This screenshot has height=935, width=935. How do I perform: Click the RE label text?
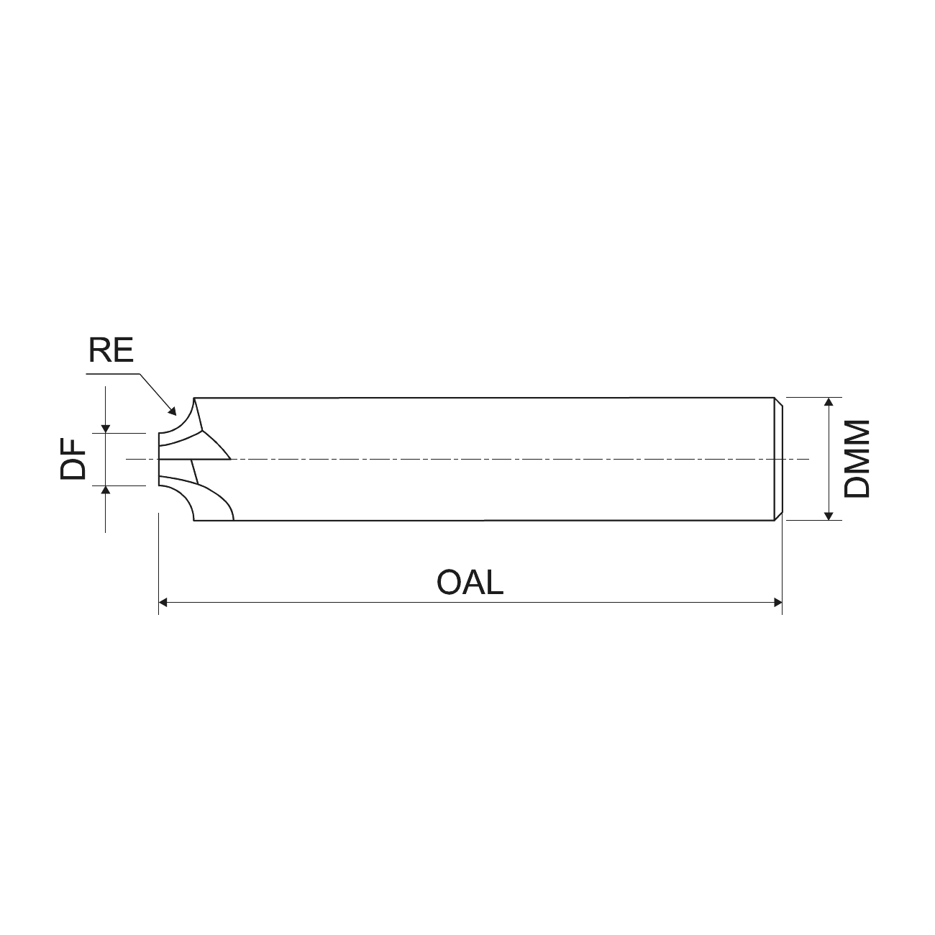(x=111, y=350)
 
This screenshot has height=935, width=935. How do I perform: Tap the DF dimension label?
(x=73, y=459)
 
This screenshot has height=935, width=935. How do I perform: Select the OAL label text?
(x=470, y=583)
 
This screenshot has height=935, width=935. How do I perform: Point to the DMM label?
(x=857, y=459)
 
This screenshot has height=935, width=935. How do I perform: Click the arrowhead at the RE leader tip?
(x=173, y=412)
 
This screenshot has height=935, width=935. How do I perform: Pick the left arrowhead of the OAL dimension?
(x=163, y=603)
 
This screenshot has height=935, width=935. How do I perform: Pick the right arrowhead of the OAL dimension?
(x=777, y=603)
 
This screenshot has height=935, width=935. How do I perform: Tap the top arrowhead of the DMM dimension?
(x=829, y=401)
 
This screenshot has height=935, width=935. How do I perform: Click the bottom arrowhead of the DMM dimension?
(x=829, y=516)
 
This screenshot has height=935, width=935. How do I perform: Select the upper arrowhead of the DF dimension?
(x=105, y=429)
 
